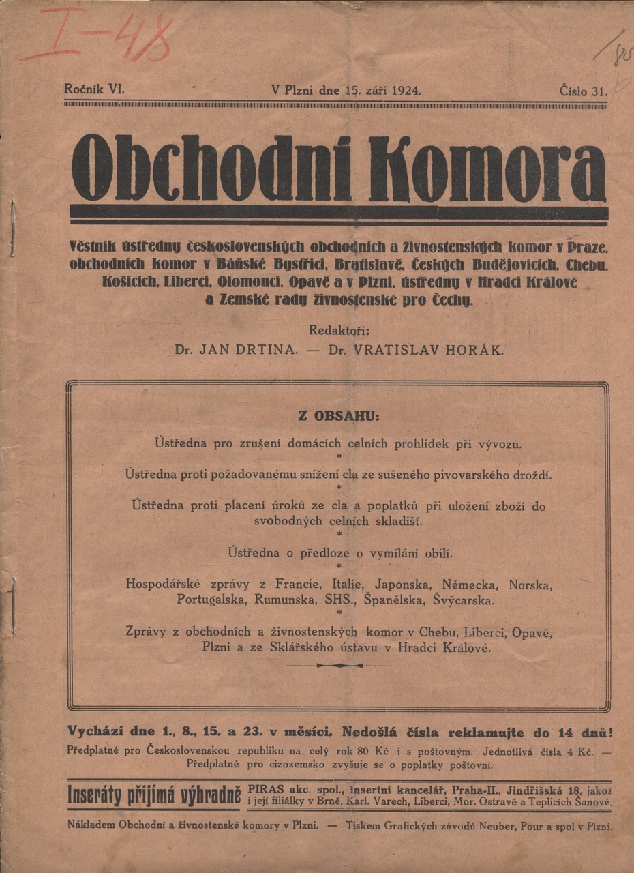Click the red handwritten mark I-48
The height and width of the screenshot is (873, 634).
point(95,38)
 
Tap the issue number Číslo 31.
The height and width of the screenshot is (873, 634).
point(583,91)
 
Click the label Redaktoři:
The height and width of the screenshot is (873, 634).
point(339,331)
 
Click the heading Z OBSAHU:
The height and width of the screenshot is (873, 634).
point(338,415)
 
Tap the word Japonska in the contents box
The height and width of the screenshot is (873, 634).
point(402,585)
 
